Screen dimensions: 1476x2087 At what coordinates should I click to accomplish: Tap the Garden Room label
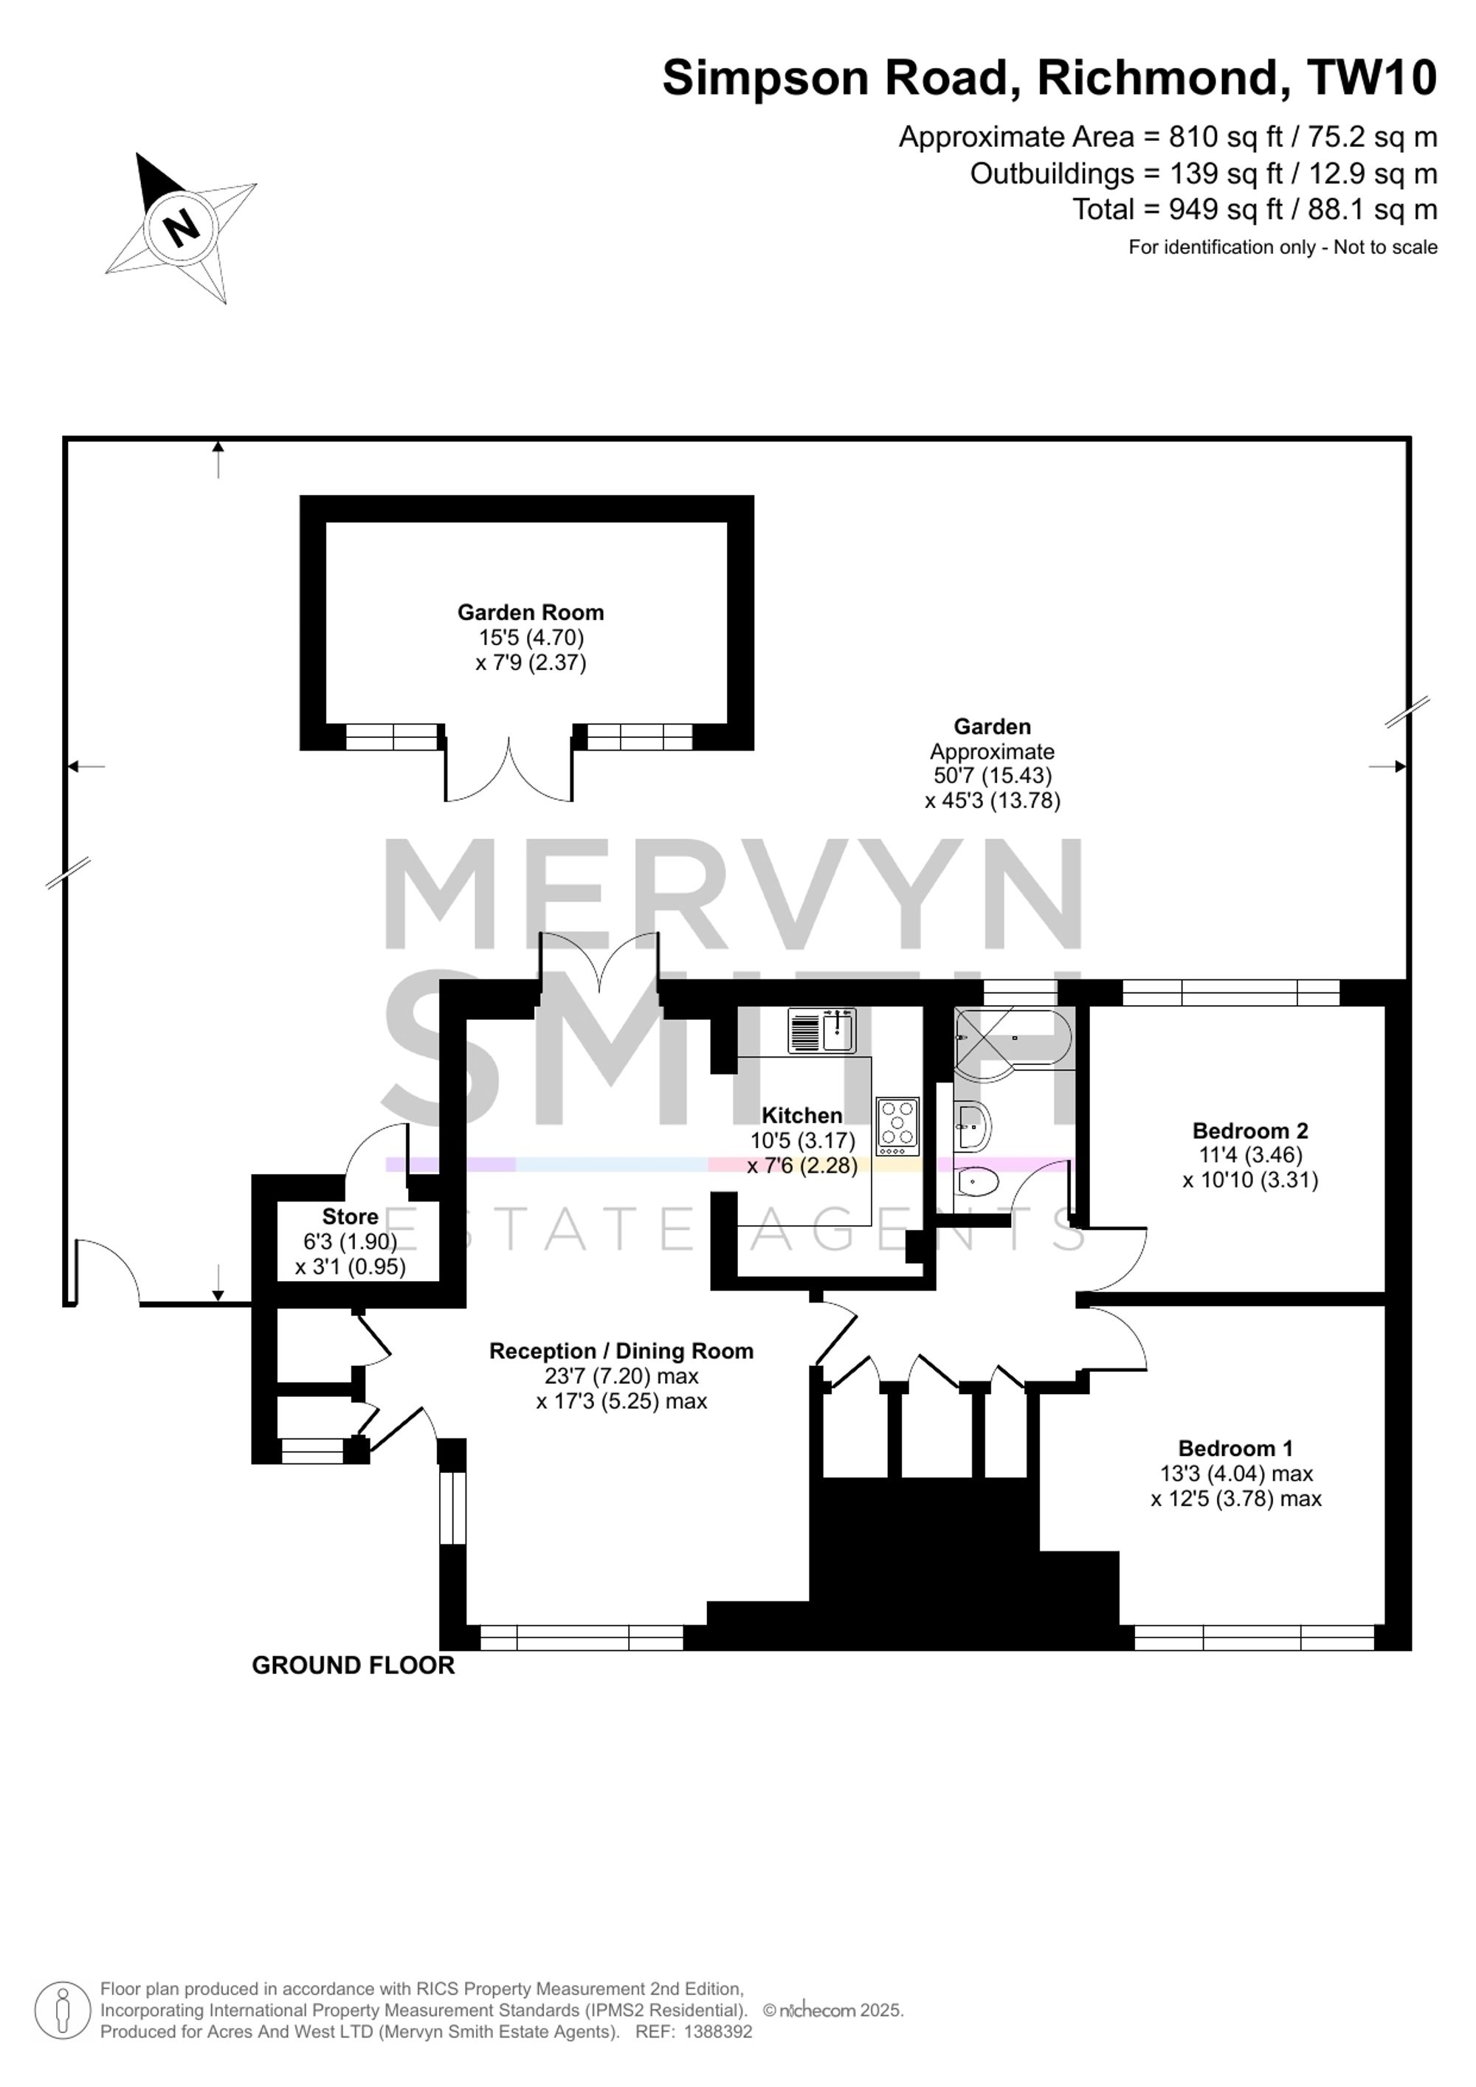531,613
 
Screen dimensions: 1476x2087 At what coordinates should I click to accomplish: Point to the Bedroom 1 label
1236,1448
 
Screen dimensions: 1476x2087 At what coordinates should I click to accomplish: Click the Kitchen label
801,1115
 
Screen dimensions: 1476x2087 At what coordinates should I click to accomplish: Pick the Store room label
350,1216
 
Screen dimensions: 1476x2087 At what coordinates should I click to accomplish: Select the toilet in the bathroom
977,1182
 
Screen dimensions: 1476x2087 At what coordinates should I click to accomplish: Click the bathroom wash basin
973,1128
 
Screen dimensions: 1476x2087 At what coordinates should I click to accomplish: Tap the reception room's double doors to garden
599,964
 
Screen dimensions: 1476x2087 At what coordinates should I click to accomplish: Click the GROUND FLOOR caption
353,1665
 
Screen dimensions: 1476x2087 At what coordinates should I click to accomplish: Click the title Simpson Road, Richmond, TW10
1049,77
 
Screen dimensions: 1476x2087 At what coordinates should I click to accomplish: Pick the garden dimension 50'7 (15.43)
993,776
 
